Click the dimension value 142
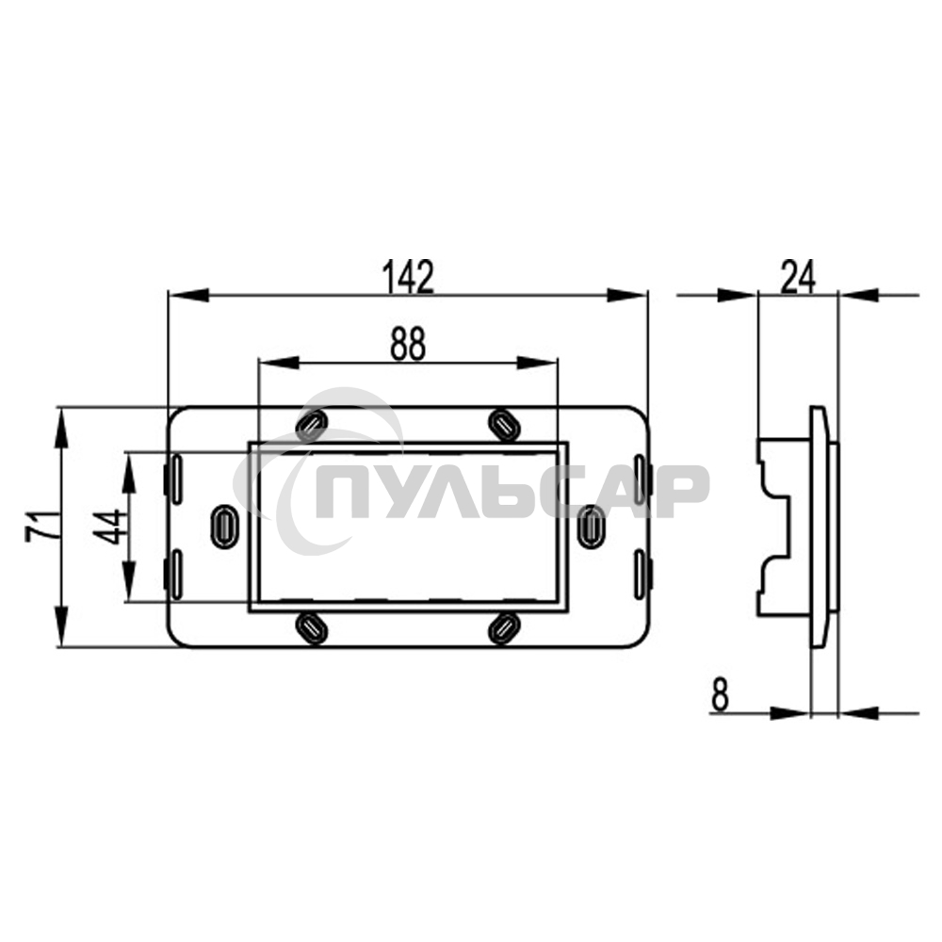(408, 276)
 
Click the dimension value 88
(408, 345)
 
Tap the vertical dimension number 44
(110, 527)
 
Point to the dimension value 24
(797, 276)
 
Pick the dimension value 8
(721, 695)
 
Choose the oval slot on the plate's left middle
(224, 525)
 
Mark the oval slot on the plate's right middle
(592, 525)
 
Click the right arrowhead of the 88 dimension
(542, 363)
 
